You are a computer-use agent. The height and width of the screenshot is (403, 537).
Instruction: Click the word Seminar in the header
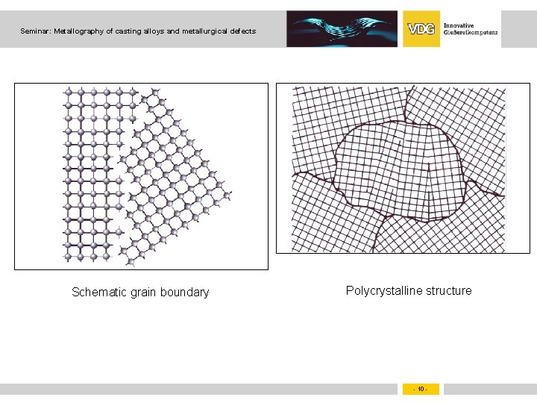(35, 31)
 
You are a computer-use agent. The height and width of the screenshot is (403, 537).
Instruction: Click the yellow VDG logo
(421, 29)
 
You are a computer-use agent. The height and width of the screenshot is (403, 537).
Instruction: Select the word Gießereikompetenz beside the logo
(471, 34)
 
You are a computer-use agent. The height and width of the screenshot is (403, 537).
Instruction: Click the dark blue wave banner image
(342, 29)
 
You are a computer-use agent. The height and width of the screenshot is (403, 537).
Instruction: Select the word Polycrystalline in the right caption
(384, 290)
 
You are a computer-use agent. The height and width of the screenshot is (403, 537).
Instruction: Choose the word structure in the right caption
(447, 290)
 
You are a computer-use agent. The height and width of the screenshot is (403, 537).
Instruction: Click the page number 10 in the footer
(421, 389)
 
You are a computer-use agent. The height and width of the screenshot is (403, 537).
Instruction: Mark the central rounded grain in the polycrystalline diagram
(399, 172)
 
